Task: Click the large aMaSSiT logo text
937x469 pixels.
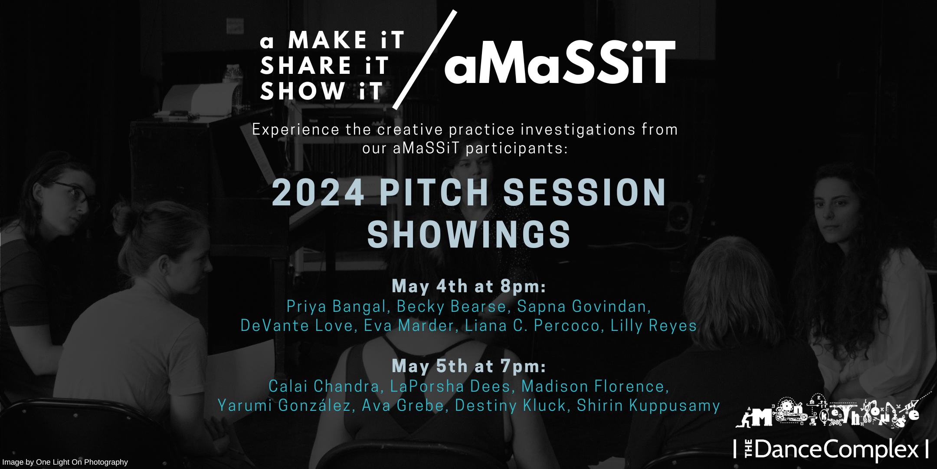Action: click(x=560, y=62)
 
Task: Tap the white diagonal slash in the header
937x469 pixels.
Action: click(x=425, y=59)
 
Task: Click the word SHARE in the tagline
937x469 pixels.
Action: click(x=306, y=66)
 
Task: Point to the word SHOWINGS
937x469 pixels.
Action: click(x=469, y=234)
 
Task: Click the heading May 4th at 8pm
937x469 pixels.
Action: click(x=468, y=287)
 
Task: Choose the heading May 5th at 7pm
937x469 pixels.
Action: click(x=468, y=366)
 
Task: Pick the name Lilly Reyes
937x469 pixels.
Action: click(x=653, y=326)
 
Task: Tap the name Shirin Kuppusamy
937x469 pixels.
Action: click(x=648, y=406)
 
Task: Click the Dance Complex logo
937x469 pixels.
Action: click(x=830, y=449)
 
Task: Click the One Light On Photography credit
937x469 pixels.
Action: click(x=65, y=462)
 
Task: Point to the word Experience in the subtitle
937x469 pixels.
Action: click(x=296, y=130)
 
